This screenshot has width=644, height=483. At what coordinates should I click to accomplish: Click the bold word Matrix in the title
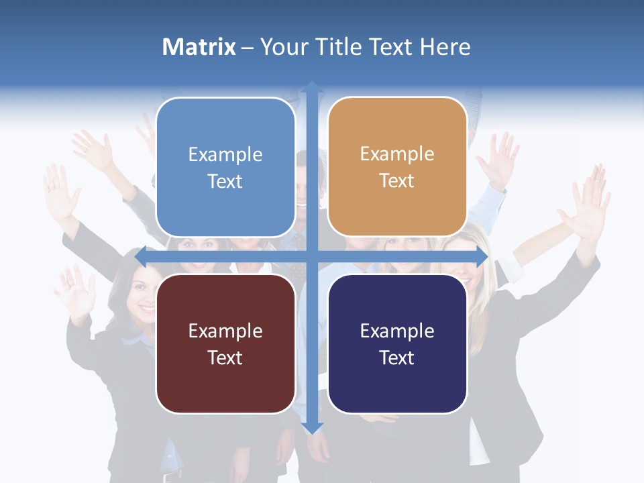199,47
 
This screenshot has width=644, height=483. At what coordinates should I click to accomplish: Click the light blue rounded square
225,167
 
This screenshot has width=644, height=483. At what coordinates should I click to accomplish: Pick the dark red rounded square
225,343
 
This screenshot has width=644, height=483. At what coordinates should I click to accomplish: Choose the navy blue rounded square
397,343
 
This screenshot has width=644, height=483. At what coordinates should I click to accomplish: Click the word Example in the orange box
397,154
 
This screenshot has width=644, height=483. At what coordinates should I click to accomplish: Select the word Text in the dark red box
225,358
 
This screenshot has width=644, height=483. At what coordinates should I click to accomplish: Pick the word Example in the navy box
397,331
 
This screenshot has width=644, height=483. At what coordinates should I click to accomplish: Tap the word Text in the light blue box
225,181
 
